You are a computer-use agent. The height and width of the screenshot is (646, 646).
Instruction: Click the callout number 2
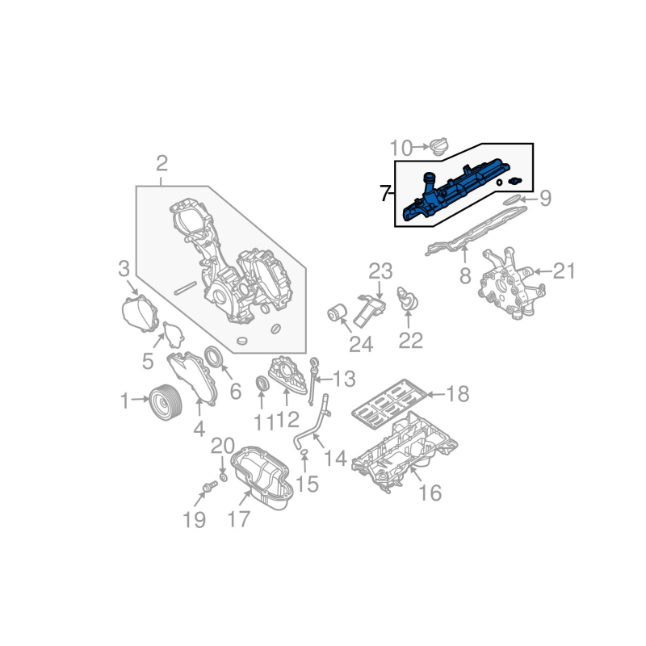click(161, 165)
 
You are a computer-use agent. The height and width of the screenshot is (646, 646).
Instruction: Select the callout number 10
click(401, 148)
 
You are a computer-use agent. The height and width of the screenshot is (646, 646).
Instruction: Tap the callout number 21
click(564, 271)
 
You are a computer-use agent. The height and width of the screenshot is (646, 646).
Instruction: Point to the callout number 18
click(457, 395)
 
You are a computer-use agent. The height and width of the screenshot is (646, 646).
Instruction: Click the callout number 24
click(361, 345)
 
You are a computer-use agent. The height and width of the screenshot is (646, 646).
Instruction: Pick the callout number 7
click(385, 194)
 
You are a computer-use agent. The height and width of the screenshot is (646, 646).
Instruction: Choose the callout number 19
click(194, 520)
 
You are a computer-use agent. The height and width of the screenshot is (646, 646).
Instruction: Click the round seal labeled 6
click(214, 358)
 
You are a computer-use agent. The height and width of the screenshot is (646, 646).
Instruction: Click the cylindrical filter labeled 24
click(337, 313)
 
